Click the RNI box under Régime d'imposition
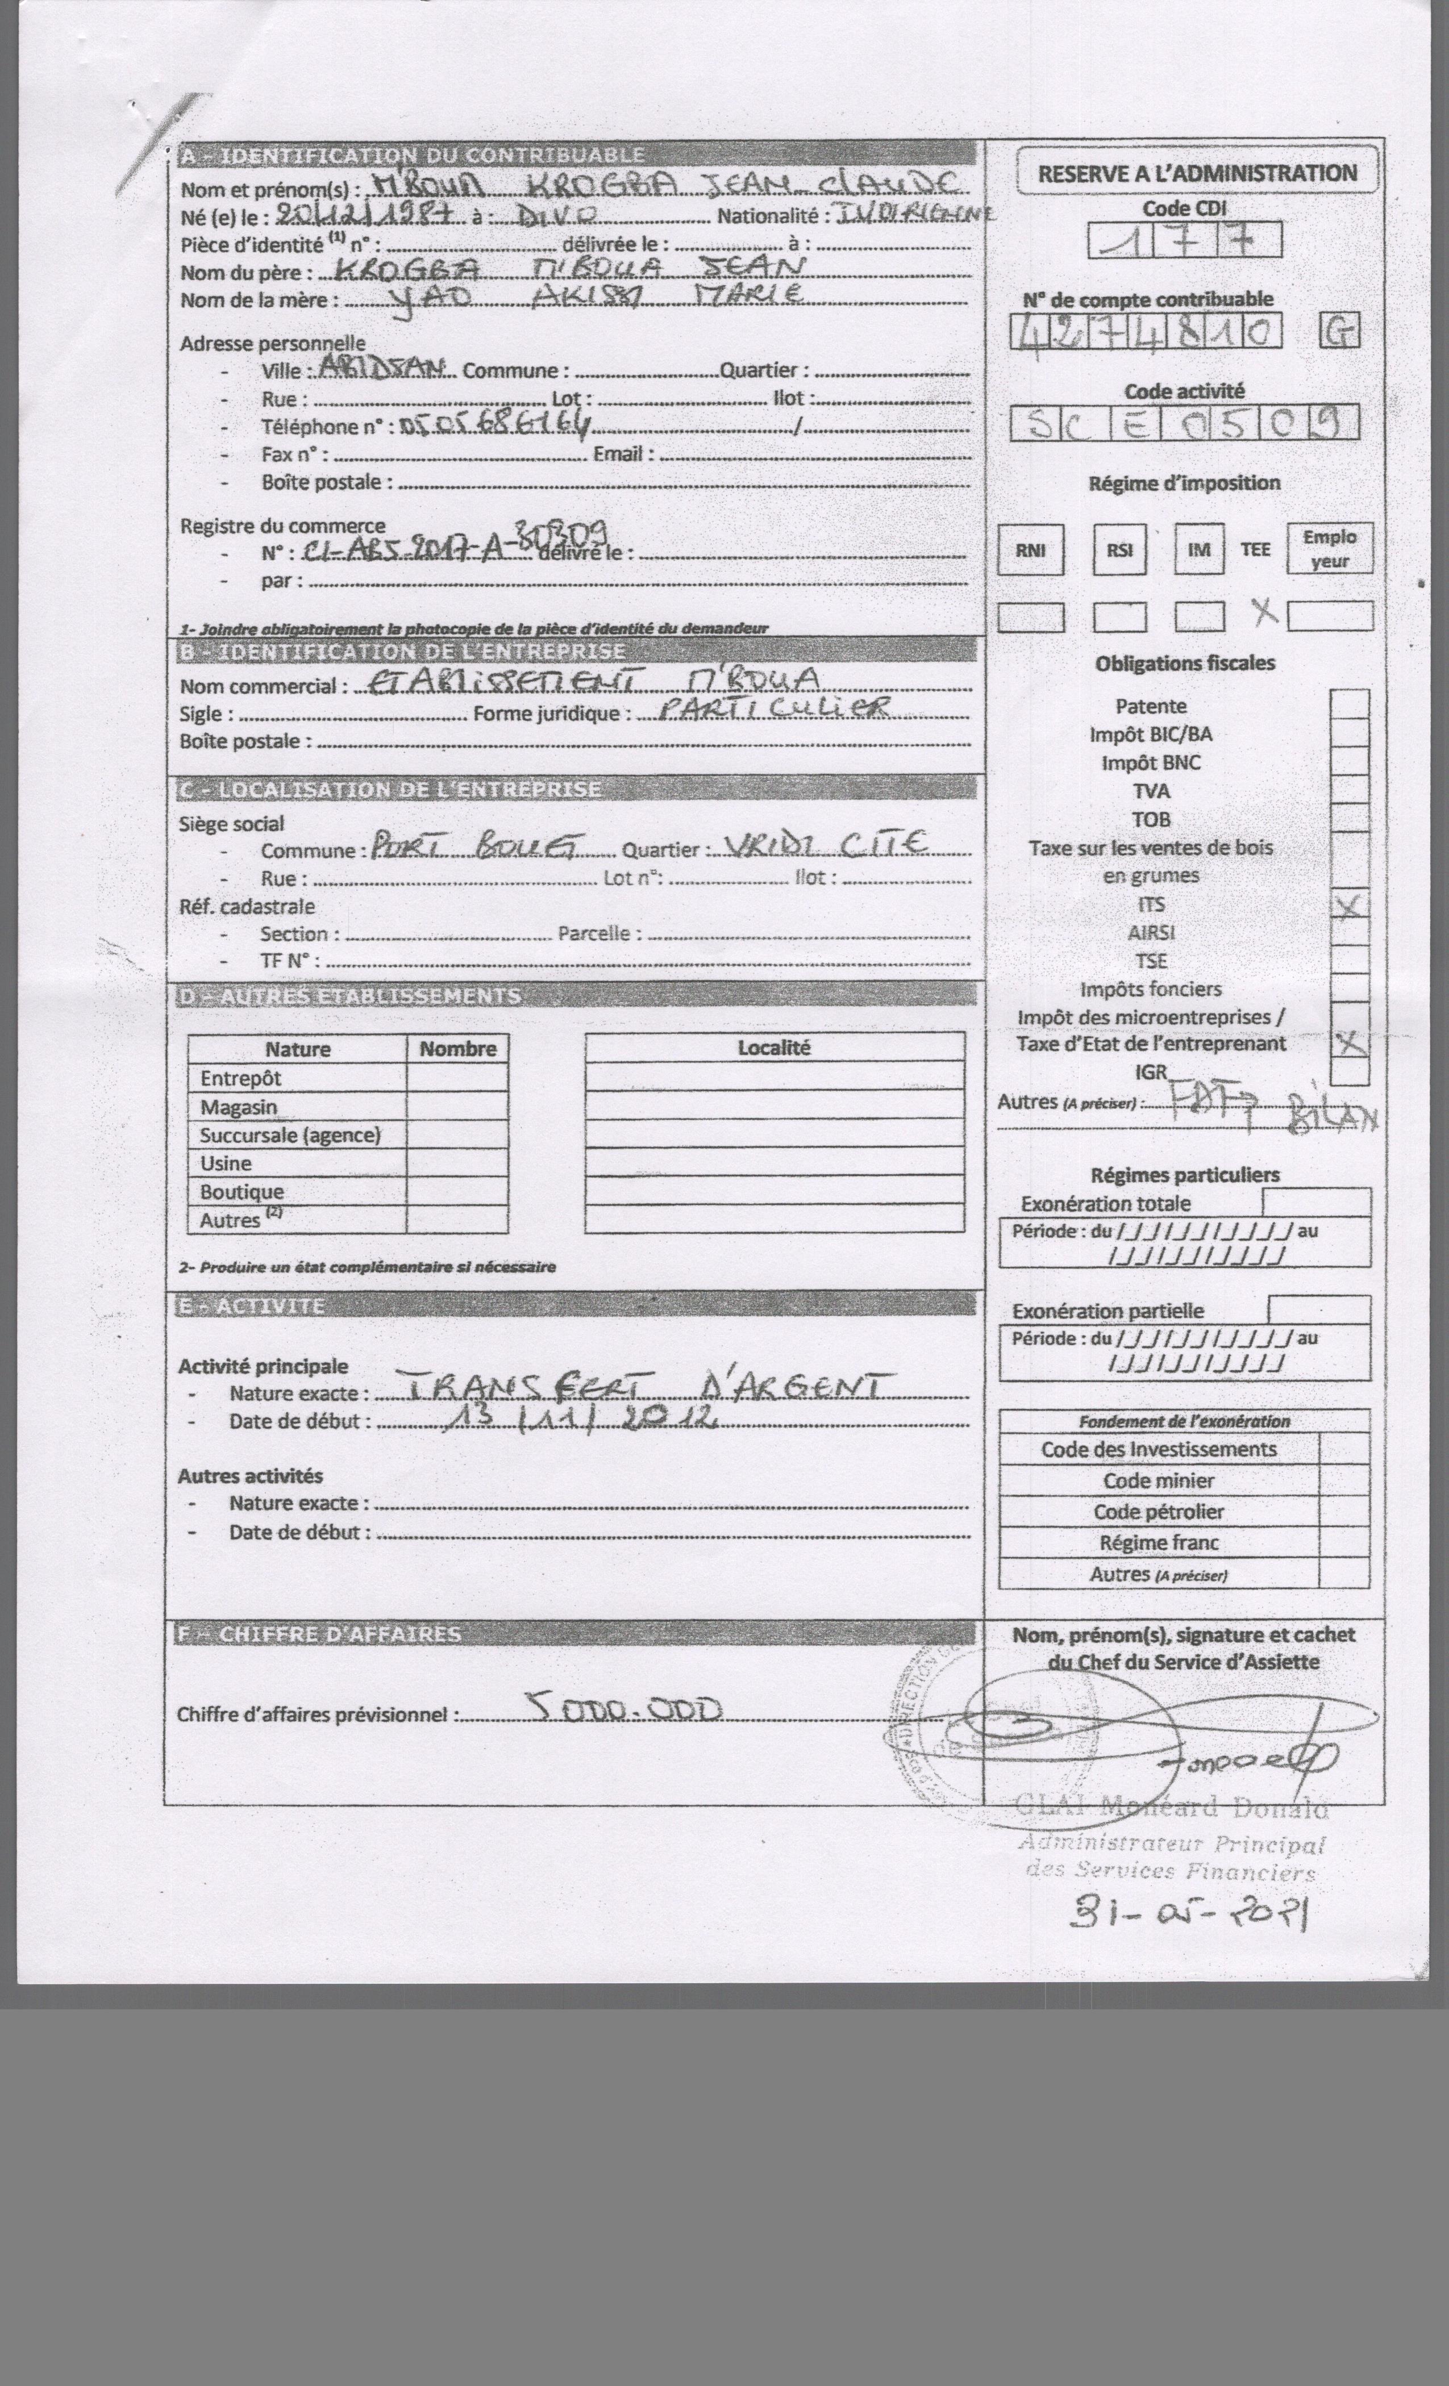(1031, 550)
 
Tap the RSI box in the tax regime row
(1119, 550)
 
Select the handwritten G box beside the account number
(1339, 333)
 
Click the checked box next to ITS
(1349, 906)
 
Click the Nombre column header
(457, 1049)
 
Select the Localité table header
(774, 1047)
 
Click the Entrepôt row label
(241, 1078)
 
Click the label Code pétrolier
(1159, 1512)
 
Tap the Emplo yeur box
(1329, 549)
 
